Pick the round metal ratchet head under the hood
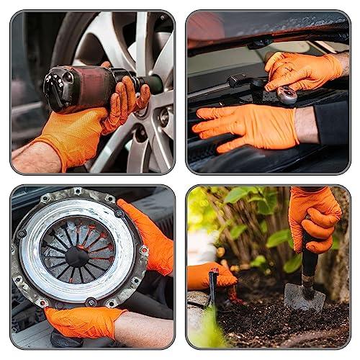pos(287,95)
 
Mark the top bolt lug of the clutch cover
pos(77,192)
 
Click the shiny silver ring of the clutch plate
pos(43,230)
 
